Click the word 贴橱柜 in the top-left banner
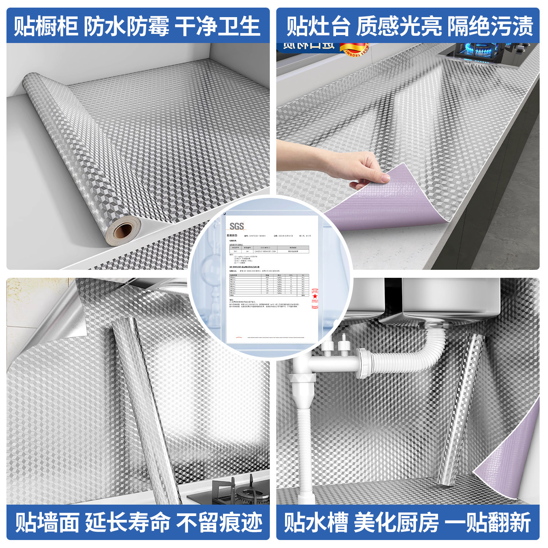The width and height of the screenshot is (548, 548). point(46,26)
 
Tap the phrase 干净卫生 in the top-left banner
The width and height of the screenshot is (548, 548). point(217,26)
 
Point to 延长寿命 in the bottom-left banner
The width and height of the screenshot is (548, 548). point(127,522)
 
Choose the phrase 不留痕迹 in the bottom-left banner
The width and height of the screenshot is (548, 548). point(220,522)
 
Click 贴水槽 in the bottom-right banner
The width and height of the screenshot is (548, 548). point(316,522)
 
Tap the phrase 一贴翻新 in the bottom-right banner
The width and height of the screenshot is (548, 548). point(487,522)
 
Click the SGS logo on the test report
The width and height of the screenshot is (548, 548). point(236,226)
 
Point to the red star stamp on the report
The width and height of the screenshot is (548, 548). point(315,296)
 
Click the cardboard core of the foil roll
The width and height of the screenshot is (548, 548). point(123,231)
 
